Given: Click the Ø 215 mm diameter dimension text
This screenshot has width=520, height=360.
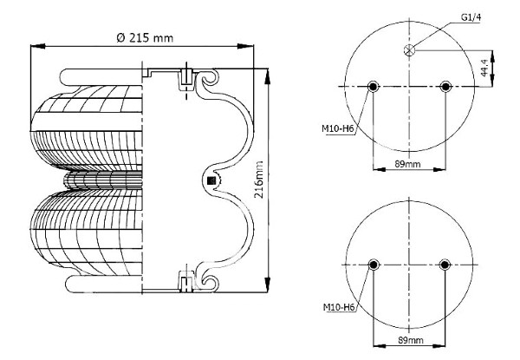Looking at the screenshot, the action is click(145, 38).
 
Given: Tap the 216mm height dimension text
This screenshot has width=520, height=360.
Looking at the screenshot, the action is click(258, 180).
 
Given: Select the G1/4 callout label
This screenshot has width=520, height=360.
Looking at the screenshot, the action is click(471, 17).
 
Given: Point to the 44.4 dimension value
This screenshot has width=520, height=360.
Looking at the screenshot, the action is click(484, 68).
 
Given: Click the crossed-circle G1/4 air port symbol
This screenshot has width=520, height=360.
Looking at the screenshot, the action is click(410, 50).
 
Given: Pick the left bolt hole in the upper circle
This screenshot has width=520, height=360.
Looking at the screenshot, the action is click(373, 87).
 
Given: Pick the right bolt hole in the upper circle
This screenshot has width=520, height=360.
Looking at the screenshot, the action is click(445, 87).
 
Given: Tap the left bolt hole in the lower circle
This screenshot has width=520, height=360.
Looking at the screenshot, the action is click(374, 265).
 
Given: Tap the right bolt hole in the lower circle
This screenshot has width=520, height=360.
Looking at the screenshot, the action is click(445, 265).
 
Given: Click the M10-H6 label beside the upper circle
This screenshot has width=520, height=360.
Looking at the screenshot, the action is click(338, 128).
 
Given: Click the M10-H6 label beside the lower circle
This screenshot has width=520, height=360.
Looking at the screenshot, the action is click(339, 308).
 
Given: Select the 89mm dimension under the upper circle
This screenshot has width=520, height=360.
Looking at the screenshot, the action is click(407, 164).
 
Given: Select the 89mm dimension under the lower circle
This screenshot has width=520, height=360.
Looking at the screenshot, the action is click(411, 340).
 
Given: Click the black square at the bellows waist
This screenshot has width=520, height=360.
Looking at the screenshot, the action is click(211, 180).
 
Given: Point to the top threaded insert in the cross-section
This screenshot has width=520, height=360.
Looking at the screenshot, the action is click(186, 80).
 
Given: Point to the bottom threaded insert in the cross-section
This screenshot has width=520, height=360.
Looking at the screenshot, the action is click(186, 281).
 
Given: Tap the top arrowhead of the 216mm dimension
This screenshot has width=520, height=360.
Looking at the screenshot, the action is click(267, 76).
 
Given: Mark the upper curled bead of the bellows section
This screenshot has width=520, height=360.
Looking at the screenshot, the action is click(208, 80).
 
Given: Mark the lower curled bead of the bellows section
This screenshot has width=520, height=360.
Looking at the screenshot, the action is click(208, 282).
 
